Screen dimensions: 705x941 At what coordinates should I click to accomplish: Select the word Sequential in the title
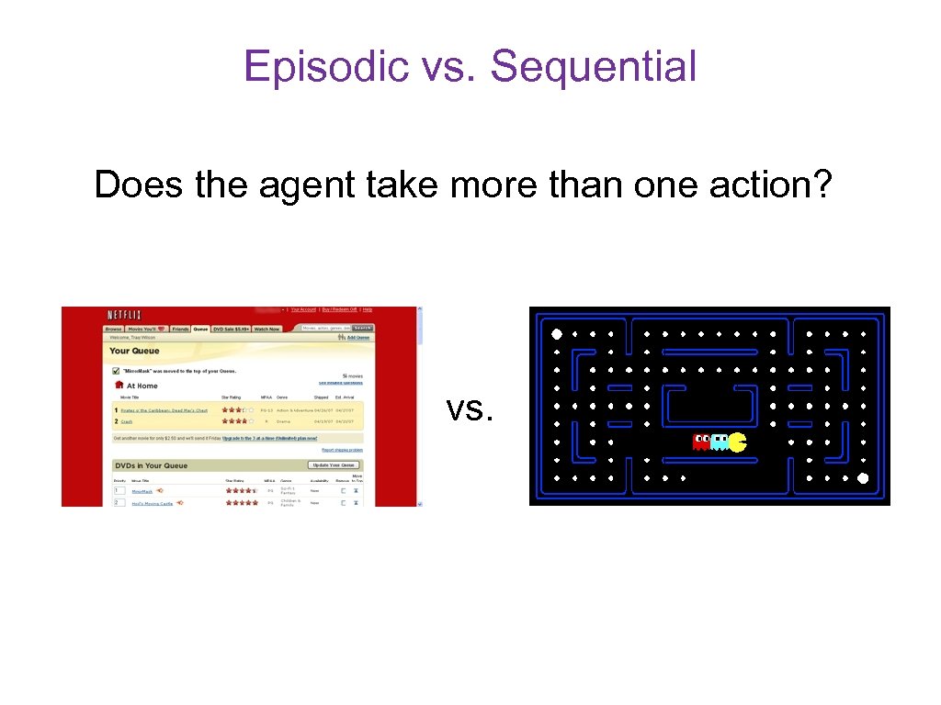click(x=593, y=67)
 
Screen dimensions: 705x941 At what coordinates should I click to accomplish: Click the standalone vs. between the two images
click(x=470, y=408)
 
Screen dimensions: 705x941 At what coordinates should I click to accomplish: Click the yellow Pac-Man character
click(x=737, y=442)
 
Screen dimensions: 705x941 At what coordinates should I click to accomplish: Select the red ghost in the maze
click(x=701, y=442)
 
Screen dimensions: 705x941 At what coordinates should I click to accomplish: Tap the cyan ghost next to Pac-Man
click(x=719, y=442)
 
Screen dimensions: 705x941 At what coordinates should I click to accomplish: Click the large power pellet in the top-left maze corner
click(x=556, y=333)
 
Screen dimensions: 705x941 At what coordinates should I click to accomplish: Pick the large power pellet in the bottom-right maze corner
click(x=862, y=478)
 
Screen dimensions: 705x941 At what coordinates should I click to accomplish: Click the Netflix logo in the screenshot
click(x=125, y=315)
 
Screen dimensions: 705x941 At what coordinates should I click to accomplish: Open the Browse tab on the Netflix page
click(x=113, y=329)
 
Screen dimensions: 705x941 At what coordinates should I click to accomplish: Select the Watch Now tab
click(x=266, y=329)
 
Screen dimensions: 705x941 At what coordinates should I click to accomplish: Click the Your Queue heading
click(x=134, y=351)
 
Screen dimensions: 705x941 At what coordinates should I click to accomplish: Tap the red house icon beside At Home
click(x=119, y=386)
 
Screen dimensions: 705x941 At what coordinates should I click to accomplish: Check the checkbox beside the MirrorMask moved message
click(x=116, y=372)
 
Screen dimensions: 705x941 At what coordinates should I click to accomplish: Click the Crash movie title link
click(x=127, y=421)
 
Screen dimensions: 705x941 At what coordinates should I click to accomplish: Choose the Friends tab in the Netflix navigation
click(x=180, y=329)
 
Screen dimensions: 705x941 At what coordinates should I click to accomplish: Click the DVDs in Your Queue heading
click(x=149, y=465)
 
